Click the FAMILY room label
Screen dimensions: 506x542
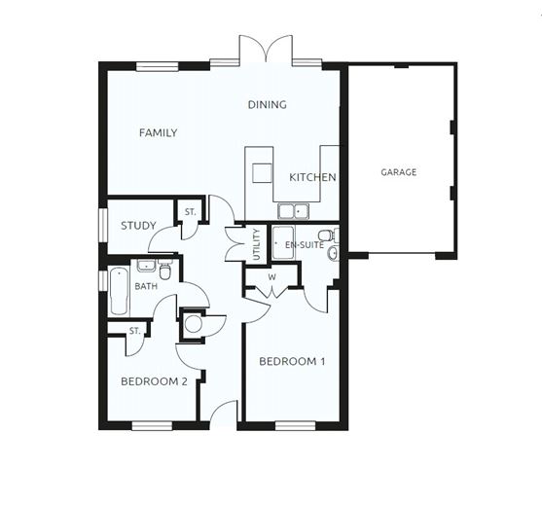(158, 133)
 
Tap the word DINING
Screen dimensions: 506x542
(267, 105)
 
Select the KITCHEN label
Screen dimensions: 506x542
(312, 178)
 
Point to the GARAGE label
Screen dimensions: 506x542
(398, 172)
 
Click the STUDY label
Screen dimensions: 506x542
(138, 226)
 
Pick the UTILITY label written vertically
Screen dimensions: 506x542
(256, 241)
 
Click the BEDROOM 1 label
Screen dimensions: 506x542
(292, 362)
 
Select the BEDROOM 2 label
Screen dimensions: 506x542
(154, 381)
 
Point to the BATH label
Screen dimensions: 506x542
(146, 287)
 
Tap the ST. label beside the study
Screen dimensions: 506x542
(190, 211)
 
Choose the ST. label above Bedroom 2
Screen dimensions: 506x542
(134, 331)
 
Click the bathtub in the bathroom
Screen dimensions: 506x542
(119, 289)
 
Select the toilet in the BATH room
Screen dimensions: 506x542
(165, 271)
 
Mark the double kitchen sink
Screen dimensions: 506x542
(292, 209)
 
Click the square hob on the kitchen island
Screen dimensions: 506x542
(261, 173)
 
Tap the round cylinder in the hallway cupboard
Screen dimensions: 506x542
(193, 324)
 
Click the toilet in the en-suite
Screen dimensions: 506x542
(325, 235)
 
